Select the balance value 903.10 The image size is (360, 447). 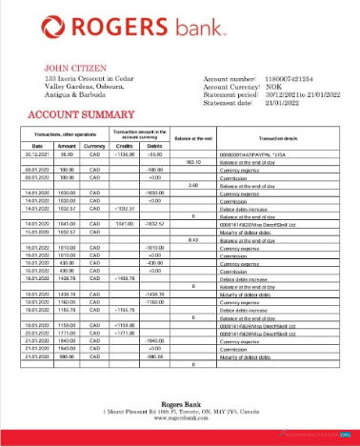click(192, 161)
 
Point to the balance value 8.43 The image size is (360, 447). click(192, 240)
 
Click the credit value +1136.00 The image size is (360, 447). click(125, 152)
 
